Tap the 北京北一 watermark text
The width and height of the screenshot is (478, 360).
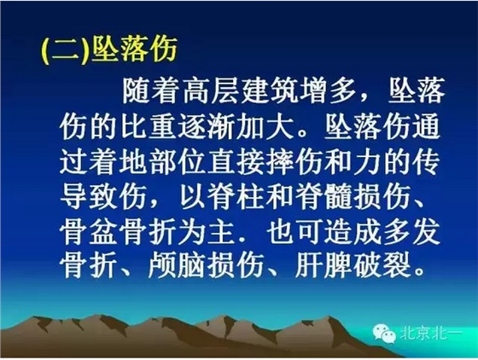point(432,335)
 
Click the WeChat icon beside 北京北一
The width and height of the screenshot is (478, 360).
point(388,334)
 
